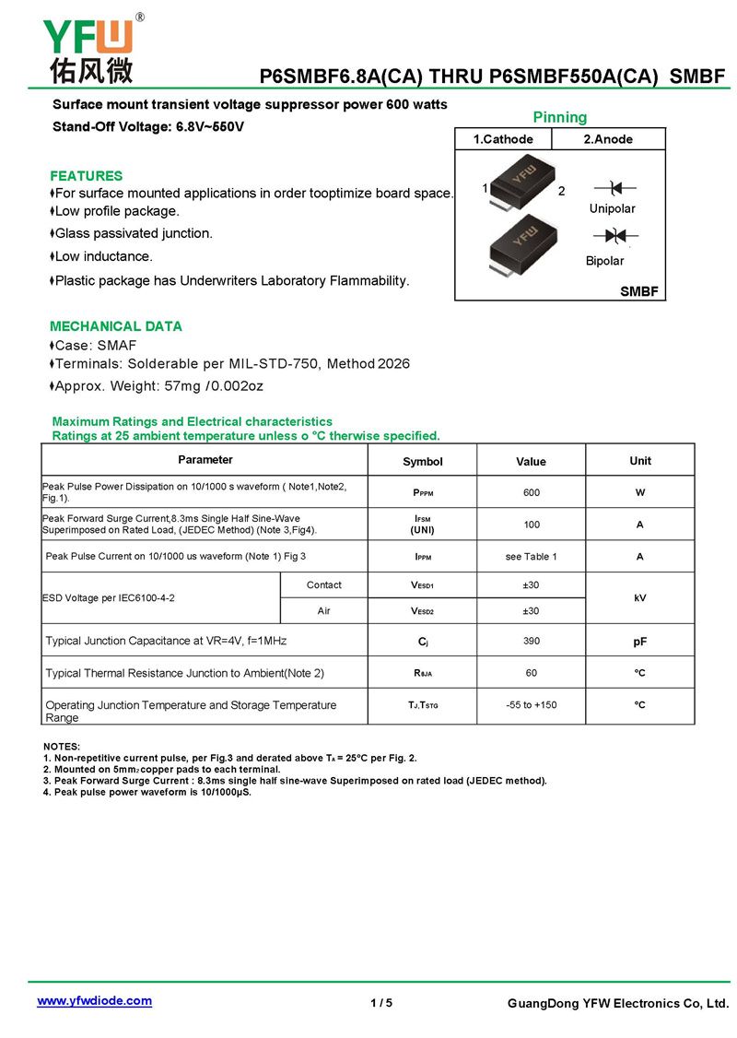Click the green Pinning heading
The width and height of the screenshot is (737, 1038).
(559, 117)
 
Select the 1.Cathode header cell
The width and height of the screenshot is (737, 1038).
(503, 139)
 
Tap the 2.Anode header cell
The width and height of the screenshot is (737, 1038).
(608, 139)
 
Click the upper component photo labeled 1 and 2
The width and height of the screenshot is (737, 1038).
(521, 179)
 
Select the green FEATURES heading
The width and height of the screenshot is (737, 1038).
(86, 175)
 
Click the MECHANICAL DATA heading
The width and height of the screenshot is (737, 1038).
(115, 326)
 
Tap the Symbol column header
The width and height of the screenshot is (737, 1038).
(422, 461)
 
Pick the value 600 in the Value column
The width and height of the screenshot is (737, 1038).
(531, 492)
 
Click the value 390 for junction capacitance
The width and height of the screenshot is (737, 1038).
(531, 641)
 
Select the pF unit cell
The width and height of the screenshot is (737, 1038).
(639, 641)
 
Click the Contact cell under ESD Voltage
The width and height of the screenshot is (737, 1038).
(323, 585)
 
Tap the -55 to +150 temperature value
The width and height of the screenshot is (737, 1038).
(531, 705)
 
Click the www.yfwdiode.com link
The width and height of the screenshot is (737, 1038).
(94, 1000)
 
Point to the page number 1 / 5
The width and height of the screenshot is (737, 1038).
(381, 1003)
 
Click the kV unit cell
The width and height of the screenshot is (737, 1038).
(639, 597)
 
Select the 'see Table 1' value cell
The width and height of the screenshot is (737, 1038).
(531, 557)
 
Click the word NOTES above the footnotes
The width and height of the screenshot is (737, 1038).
(62, 746)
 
